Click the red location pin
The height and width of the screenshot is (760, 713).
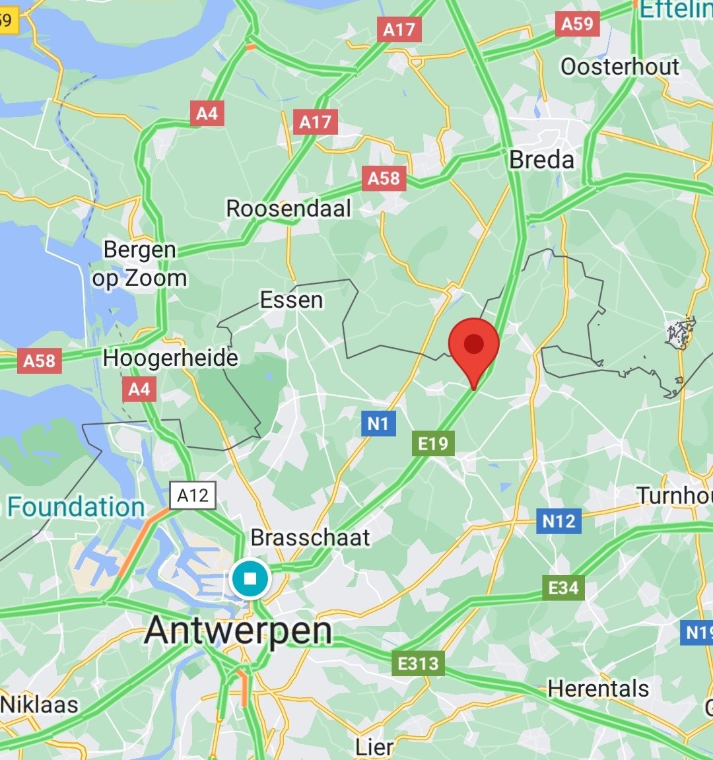[x=473, y=345]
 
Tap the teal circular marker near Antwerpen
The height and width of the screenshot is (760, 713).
[x=250, y=579]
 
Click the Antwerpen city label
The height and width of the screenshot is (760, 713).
[x=238, y=630]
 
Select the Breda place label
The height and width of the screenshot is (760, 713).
[x=541, y=160]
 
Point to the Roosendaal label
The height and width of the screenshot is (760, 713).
[x=289, y=209]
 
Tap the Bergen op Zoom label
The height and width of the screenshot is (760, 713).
[x=139, y=264]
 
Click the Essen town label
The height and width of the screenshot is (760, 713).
[x=291, y=300]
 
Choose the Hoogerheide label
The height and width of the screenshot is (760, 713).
[x=170, y=358]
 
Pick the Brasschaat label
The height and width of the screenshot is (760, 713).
[x=310, y=537]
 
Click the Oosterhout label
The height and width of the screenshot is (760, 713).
[x=619, y=67]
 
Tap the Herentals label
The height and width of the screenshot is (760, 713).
[x=598, y=689]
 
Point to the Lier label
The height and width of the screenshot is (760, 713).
[x=374, y=747]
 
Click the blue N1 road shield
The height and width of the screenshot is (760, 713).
[x=378, y=423]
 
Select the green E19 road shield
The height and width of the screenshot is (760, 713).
[x=433, y=444]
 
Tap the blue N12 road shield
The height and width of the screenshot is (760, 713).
[x=559, y=521]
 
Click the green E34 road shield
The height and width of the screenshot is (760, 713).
[x=563, y=588]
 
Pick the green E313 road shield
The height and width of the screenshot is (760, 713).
[x=418, y=662]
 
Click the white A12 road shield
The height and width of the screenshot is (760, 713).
[x=193, y=495]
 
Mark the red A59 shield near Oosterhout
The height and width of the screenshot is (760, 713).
[x=576, y=24]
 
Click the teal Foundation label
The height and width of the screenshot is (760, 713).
[x=76, y=507]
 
